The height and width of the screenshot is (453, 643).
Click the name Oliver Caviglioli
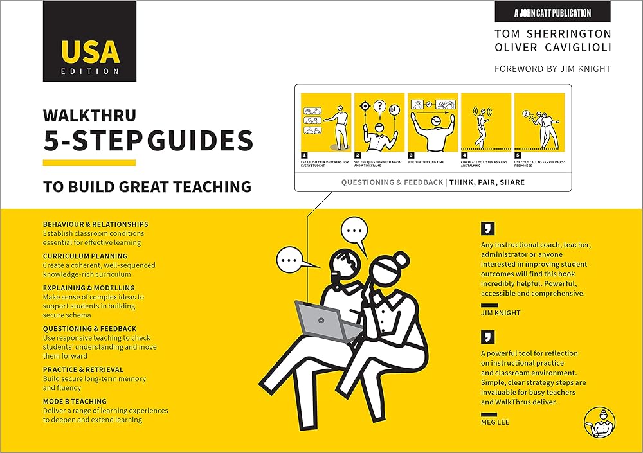552,48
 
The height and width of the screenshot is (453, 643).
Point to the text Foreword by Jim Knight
552,69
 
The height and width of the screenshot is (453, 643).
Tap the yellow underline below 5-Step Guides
89,163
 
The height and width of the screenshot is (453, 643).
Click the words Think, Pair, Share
487,182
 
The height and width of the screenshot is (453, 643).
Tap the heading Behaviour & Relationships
95,224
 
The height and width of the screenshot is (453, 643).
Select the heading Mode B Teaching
75,402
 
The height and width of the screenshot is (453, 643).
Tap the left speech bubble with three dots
292,261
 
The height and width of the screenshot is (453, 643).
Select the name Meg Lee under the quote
494,422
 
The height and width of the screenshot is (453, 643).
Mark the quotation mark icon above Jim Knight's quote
487,227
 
